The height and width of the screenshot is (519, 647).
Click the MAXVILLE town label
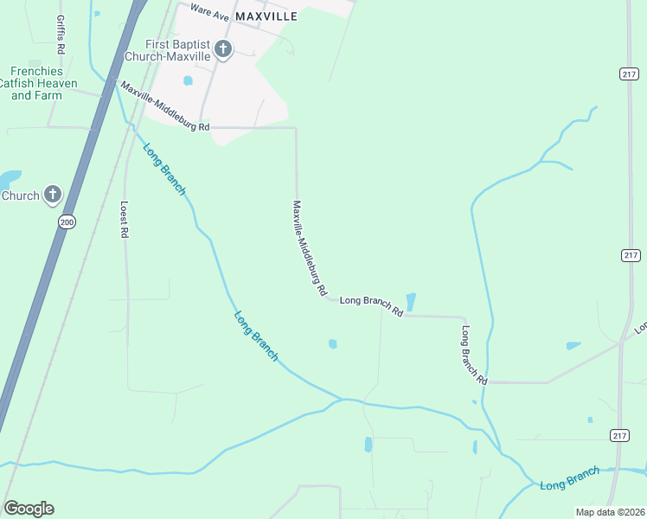(x=266, y=16)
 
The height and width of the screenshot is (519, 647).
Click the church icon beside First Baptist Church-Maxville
(x=223, y=49)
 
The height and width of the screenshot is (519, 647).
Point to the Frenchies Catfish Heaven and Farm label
(x=43, y=83)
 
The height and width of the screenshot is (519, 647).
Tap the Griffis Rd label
(x=60, y=31)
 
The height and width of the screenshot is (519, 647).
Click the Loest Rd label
(x=125, y=220)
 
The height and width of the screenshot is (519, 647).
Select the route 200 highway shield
(x=67, y=222)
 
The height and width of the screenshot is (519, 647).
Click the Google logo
(x=29, y=509)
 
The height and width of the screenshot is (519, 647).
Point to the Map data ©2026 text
(x=610, y=512)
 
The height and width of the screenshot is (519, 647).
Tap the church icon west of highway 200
(x=52, y=195)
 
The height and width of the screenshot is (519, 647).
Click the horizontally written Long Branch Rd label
(x=372, y=304)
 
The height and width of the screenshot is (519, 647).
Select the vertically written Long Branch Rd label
(x=475, y=356)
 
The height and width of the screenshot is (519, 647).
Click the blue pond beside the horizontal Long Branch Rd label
(x=411, y=302)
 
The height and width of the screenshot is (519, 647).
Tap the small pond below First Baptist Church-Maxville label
(x=188, y=81)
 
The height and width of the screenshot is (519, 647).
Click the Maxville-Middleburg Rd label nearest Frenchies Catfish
(x=165, y=107)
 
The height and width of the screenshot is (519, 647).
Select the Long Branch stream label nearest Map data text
(x=569, y=479)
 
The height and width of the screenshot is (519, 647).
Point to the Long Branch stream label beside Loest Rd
(x=164, y=168)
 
